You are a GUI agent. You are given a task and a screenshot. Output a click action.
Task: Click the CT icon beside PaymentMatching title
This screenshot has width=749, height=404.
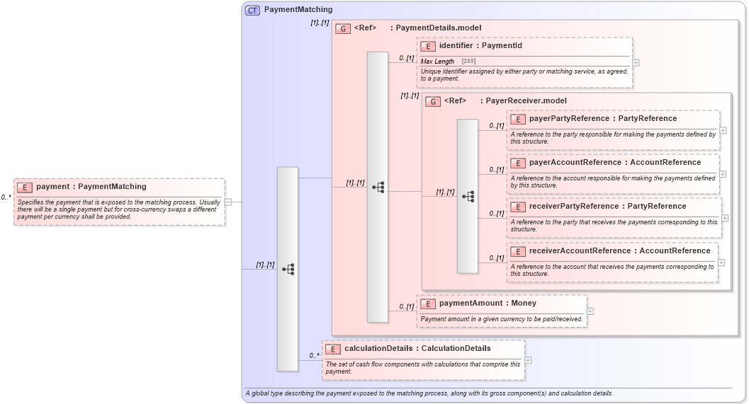(x=252, y=10)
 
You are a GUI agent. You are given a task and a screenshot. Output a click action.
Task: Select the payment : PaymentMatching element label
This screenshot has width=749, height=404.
(x=91, y=187)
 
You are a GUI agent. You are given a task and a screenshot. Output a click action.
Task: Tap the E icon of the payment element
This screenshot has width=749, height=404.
(x=25, y=187)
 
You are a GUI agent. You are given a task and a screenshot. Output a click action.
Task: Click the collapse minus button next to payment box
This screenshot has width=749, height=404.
(x=228, y=202)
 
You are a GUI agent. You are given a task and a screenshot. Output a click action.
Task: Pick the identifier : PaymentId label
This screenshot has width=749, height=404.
(x=480, y=46)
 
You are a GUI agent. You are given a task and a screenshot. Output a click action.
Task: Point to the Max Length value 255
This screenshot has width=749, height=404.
(x=468, y=62)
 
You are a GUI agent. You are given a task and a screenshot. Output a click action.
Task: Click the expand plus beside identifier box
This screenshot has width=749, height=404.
(x=636, y=62)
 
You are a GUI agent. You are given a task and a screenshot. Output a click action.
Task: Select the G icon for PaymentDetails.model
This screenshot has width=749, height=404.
(x=343, y=28)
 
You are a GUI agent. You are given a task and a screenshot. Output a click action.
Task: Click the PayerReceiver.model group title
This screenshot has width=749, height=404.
(x=526, y=101)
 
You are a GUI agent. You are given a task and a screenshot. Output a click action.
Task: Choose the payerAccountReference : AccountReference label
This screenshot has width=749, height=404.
(x=614, y=163)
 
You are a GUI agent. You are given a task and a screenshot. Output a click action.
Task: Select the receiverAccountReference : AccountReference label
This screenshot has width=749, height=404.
(x=619, y=251)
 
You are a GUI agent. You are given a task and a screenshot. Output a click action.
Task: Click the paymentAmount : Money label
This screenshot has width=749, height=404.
(x=488, y=304)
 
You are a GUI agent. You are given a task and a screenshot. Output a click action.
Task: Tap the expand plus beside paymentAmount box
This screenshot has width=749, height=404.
(x=590, y=311)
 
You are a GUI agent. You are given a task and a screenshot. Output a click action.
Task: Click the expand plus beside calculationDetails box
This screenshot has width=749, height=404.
(x=528, y=360)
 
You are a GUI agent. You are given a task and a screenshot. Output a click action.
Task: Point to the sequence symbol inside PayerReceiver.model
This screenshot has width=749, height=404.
(x=468, y=196)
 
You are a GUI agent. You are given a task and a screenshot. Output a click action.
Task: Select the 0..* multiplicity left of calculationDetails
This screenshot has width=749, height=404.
(x=313, y=355)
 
